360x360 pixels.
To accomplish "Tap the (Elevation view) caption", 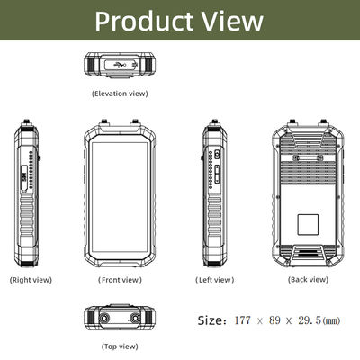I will click(120, 93).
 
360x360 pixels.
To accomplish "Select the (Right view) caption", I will click(31, 280).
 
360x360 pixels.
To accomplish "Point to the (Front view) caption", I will click(120, 280).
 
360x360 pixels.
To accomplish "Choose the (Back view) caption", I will click(309, 280).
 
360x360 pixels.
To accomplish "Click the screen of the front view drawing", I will click(120, 198).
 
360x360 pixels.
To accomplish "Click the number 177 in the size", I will click(241, 319).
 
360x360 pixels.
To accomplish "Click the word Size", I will click(211, 319).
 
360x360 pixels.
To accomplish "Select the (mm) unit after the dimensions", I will click(331, 319).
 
